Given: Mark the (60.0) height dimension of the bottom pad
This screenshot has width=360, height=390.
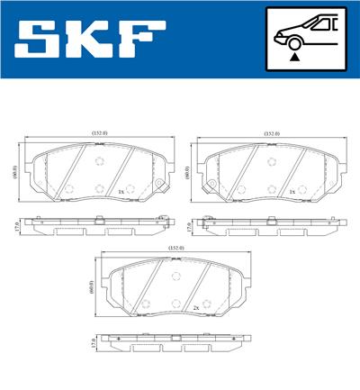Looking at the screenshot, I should click(91, 287).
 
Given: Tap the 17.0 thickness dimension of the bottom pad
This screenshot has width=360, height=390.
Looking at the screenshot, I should click(91, 342).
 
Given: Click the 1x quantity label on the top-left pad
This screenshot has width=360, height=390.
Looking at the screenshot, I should click(119, 193).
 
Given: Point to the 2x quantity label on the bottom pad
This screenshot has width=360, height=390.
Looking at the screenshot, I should click(195, 307).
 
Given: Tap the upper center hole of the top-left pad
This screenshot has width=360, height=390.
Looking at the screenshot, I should click(99, 162).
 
